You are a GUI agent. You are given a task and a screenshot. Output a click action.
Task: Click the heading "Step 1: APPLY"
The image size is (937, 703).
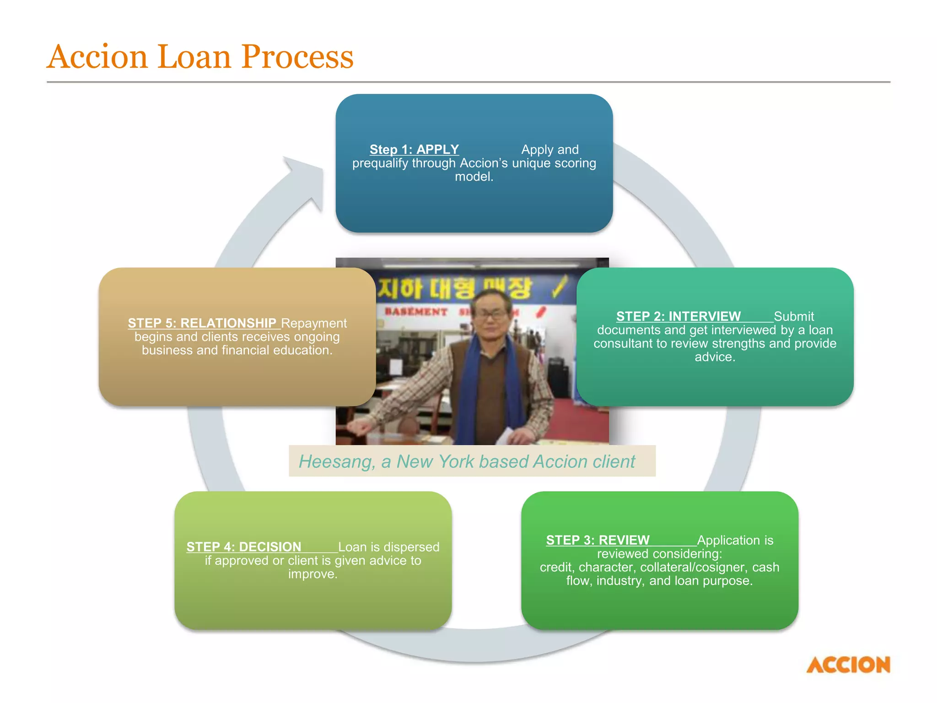pyautogui.click(x=414, y=150)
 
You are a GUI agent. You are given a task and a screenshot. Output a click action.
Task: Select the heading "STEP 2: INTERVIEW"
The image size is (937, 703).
pyautogui.click(x=678, y=316)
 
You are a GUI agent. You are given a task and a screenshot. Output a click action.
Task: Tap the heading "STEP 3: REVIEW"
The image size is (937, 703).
pyautogui.click(x=598, y=540)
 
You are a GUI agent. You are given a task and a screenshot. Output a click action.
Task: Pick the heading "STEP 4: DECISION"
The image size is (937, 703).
pyautogui.click(x=243, y=547)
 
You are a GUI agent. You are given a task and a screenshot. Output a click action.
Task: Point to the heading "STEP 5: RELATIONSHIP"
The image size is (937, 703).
pyautogui.click(x=202, y=323)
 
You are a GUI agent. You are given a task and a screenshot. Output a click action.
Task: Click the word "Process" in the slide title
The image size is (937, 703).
pyautogui.click(x=297, y=57)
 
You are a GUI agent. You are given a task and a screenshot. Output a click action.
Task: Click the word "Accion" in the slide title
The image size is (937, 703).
pyautogui.click(x=97, y=57)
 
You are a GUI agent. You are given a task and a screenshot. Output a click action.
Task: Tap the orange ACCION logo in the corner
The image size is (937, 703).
pyautogui.click(x=848, y=665)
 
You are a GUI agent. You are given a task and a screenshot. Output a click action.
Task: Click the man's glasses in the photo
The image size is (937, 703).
pyautogui.click(x=491, y=314)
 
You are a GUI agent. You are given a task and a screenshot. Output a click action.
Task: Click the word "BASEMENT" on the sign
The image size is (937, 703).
pyautogui.click(x=416, y=312)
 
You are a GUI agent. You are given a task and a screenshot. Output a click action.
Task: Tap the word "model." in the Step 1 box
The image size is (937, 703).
pyautogui.click(x=474, y=177)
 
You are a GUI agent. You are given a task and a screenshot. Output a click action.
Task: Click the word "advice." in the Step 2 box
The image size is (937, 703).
pyautogui.click(x=715, y=357)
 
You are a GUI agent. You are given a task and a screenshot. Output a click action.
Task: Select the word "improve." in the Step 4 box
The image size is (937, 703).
pyautogui.click(x=313, y=574)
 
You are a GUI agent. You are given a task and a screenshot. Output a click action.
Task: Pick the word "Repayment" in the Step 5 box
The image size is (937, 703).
pyautogui.click(x=314, y=323)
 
